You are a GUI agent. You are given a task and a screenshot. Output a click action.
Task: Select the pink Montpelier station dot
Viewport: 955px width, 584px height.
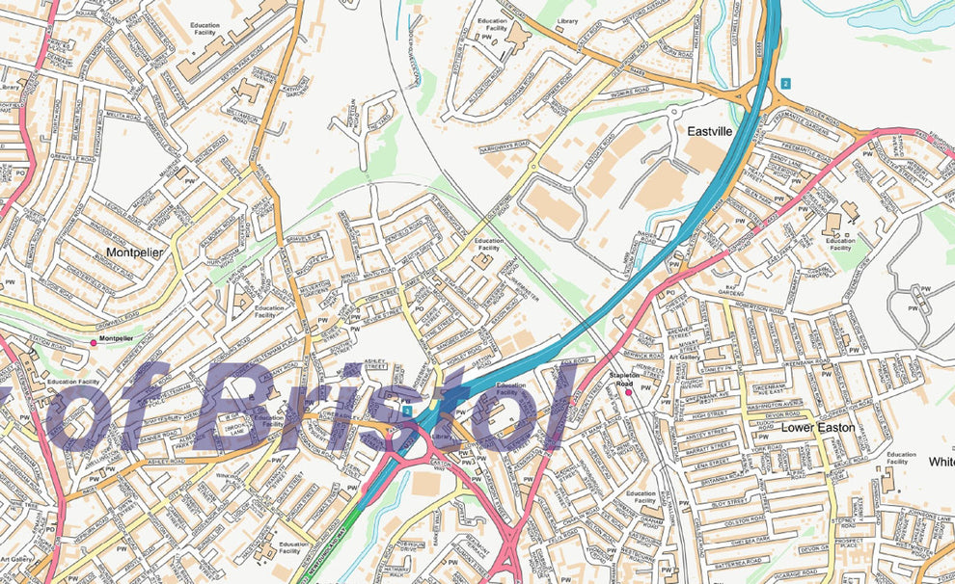94,342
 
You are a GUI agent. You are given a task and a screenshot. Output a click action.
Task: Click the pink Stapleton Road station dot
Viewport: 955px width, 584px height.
629,392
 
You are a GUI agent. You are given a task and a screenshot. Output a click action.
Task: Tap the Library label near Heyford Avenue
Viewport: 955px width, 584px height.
568,20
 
